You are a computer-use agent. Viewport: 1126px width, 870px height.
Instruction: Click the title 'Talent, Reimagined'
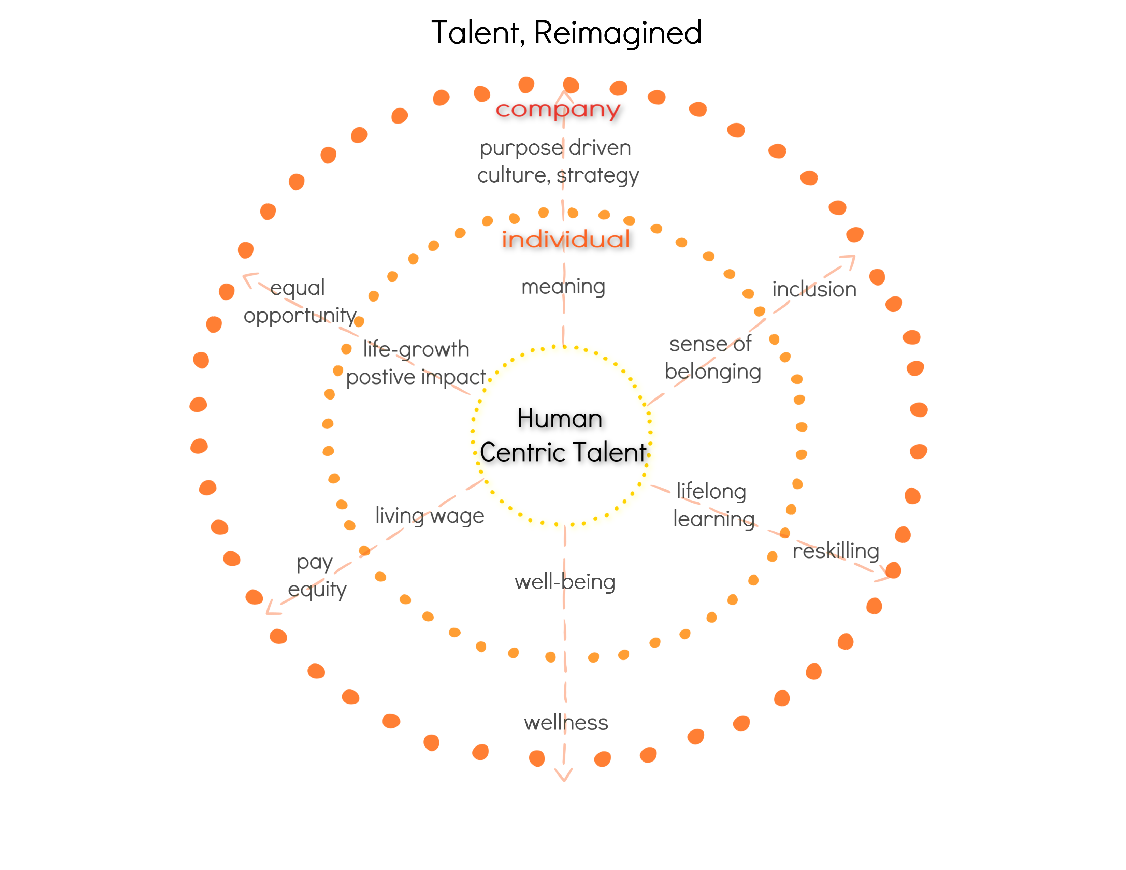pyautogui.click(x=566, y=32)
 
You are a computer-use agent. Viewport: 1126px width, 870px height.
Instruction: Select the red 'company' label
pyautogui.click(x=558, y=109)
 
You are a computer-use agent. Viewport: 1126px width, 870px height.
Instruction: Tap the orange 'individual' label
pyautogui.click(x=566, y=240)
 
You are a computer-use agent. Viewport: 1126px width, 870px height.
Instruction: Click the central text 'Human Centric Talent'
pyautogui.click(x=562, y=436)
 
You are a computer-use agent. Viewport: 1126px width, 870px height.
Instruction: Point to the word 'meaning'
pyautogui.click(x=563, y=287)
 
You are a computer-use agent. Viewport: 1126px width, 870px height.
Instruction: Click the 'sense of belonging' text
pyautogui.click(x=712, y=358)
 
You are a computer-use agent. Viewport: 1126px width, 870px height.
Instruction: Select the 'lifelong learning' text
pyautogui.click(x=713, y=505)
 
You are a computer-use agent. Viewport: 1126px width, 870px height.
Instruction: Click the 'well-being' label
pyautogui.click(x=565, y=582)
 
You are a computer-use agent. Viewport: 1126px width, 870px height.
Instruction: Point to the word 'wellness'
pyautogui.click(x=566, y=723)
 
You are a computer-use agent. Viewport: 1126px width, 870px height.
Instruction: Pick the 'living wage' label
pyautogui.click(x=430, y=516)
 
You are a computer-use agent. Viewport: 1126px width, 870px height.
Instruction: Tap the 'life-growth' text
pyautogui.click(x=416, y=349)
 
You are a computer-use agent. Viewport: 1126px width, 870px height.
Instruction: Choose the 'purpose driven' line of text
pyautogui.click(x=555, y=148)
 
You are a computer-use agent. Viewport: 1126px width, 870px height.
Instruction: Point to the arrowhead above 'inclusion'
pyautogui.click(x=849, y=260)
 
